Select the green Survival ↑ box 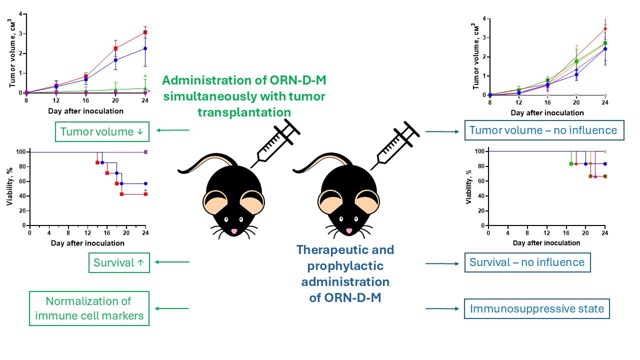[x=118, y=262]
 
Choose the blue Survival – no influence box [x=527, y=262]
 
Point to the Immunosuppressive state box [x=536, y=309]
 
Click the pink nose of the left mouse [x=233, y=231]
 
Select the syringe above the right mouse [x=397, y=142]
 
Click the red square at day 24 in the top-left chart [x=145, y=32]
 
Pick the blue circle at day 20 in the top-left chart [x=115, y=60]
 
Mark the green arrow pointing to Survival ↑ [x=172, y=262]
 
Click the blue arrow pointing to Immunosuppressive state [x=442, y=309]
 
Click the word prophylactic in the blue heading [x=345, y=265]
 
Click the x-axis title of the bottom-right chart [x=546, y=243]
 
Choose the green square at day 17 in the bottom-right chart [x=571, y=164]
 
